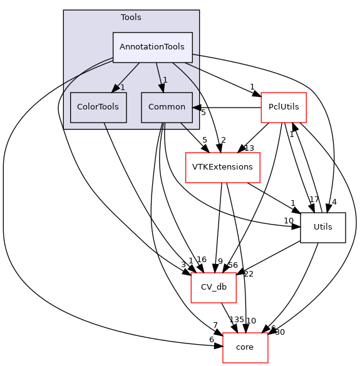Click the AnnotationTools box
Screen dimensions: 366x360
[x=152, y=47]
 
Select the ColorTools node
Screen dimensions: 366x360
[x=98, y=107]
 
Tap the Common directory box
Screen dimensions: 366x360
[x=163, y=107]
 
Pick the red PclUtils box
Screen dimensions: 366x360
[x=283, y=107]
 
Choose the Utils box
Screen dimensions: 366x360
[x=323, y=227]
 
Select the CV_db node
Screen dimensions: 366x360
[x=213, y=287]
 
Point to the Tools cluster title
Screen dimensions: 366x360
[x=131, y=17]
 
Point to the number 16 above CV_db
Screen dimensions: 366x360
[x=201, y=260]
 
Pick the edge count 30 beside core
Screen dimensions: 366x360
[x=279, y=332]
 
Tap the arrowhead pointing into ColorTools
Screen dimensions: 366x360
[x=113, y=89]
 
